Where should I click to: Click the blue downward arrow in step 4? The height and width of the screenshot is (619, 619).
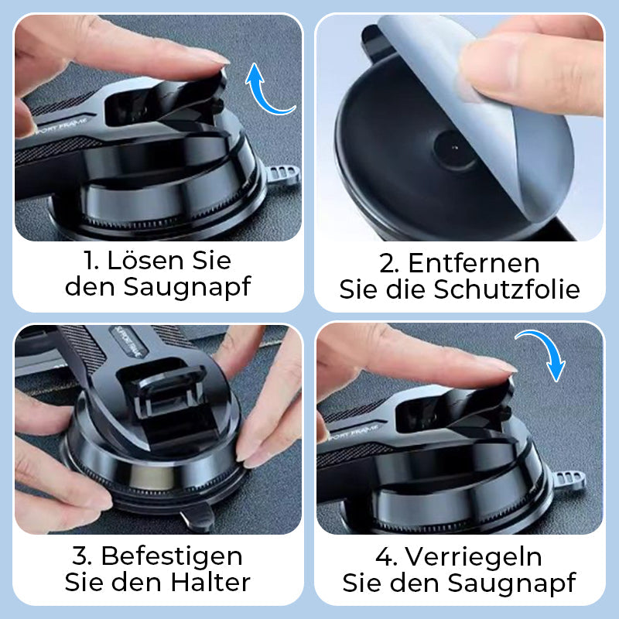pos(544,353)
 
